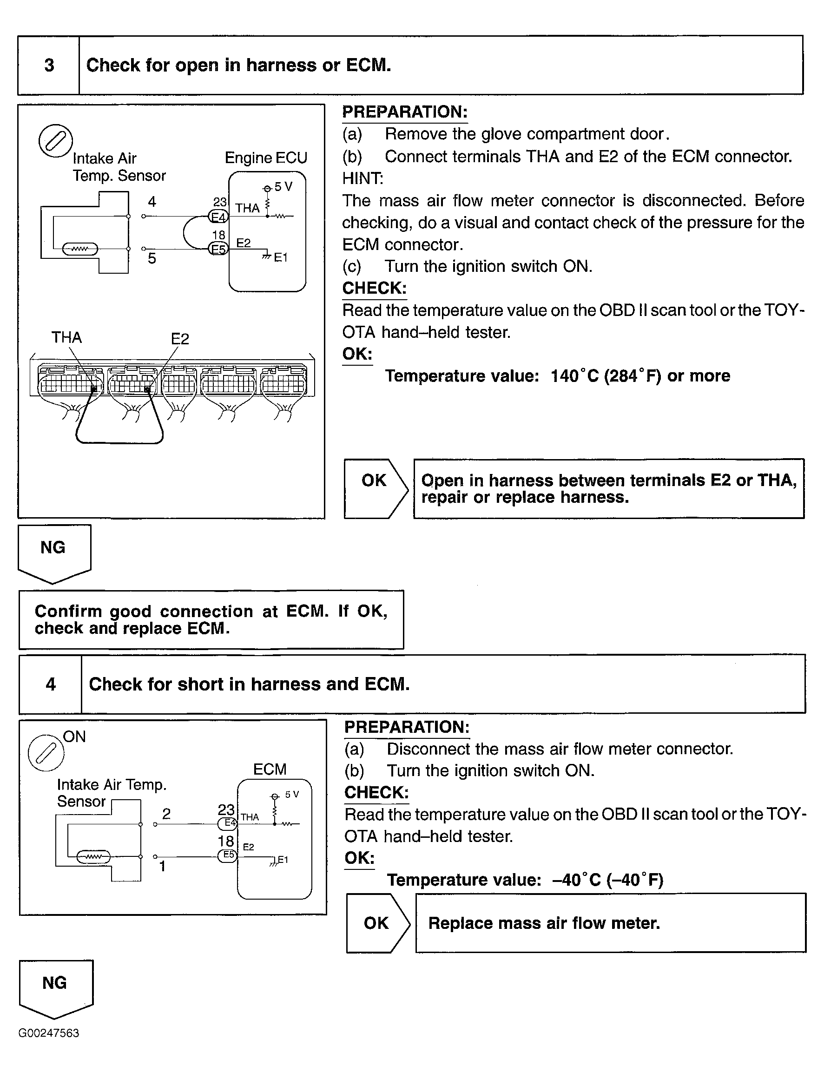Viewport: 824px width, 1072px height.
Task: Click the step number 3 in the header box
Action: pos(49,65)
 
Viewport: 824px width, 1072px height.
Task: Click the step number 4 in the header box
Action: pos(51,684)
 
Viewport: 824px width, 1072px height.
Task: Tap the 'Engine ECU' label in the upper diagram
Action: pos(266,158)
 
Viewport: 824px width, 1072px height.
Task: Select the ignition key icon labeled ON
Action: pos(46,753)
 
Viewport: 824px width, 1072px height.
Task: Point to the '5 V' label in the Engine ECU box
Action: pos(283,187)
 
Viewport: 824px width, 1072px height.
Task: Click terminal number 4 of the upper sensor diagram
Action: pos(152,202)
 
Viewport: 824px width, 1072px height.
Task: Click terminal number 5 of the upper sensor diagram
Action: pos(152,258)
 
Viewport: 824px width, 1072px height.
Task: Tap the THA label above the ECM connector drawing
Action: pos(67,337)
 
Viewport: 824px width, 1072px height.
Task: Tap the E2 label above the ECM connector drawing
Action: pos(180,339)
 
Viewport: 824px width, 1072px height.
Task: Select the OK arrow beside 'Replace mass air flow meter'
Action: pos(377,923)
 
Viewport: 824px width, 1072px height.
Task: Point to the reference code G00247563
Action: pos(48,1033)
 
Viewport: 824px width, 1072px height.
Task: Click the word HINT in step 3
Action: pos(363,178)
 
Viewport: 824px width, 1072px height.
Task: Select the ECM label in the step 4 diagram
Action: pos(269,769)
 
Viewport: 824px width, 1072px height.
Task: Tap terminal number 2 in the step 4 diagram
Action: pos(166,814)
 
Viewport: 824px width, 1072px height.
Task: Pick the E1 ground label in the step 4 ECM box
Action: pos(283,860)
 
